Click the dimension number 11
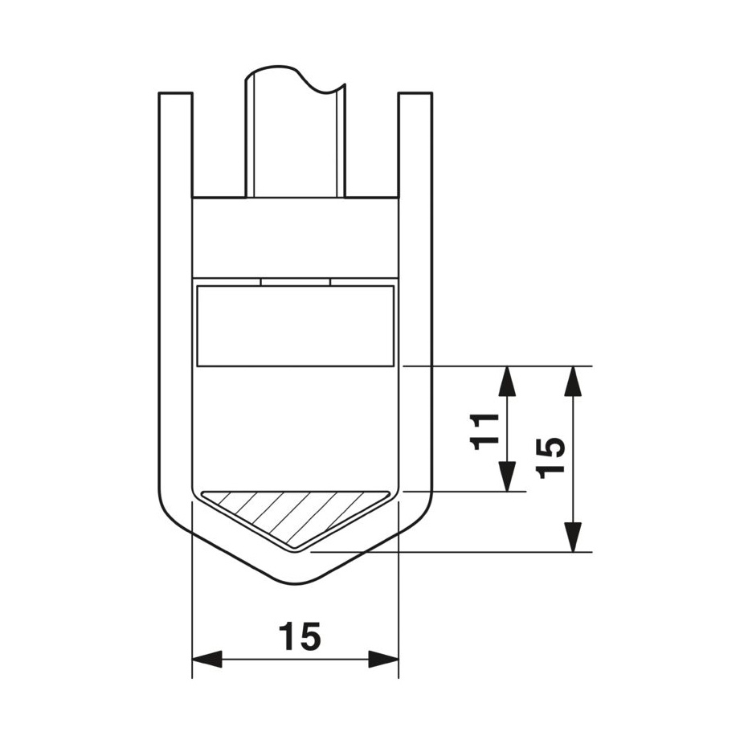tap(484, 431)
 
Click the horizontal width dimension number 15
tap(300, 636)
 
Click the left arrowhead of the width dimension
tap(207, 660)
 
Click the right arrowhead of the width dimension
tap(383, 660)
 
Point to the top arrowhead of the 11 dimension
tap(507, 381)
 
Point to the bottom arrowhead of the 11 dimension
tap(507, 476)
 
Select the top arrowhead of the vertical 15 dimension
tap(573, 381)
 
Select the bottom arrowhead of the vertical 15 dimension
tap(573, 537)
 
